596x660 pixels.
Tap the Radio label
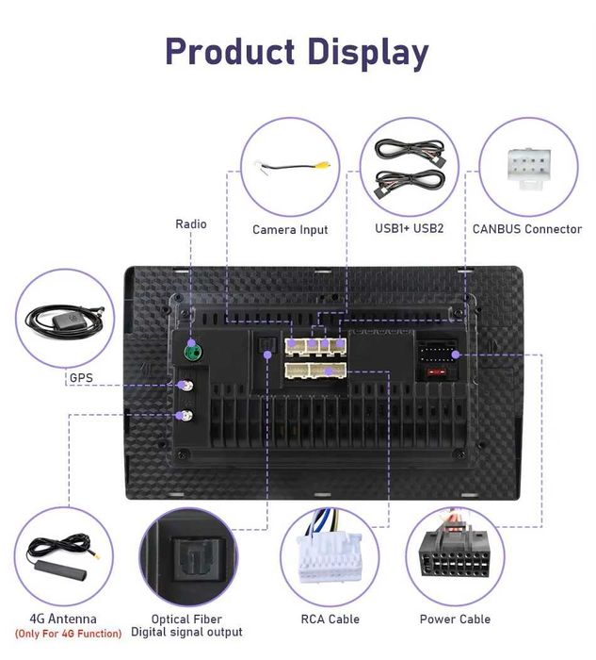coord(191,224)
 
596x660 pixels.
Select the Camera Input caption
coord(290,230)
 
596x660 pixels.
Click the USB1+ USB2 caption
coord(409,228)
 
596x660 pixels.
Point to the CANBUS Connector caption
coord(527,229)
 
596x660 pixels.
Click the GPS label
coord(81,377)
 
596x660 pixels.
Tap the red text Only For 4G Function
coord(68,634)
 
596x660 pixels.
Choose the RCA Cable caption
coord(330,619)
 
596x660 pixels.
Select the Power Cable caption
coord(455,619)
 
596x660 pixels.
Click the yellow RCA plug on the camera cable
coord(323,165)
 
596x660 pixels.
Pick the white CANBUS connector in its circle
coord(529,169)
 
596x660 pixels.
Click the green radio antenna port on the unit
coord(193,351)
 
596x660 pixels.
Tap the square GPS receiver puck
coord(67,321)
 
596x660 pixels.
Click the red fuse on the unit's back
coord(437,372)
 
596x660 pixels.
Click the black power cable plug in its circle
coord(454,555)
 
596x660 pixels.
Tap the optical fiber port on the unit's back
coord(266,346)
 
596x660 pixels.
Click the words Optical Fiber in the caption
coord(186,619)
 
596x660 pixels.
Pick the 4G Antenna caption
coord(63,619)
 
